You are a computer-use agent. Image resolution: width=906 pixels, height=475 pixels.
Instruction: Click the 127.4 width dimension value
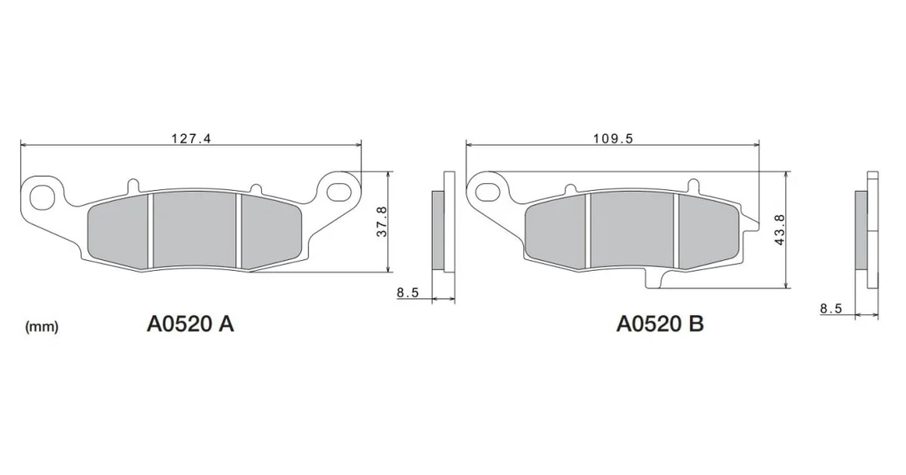[x=192, y=138]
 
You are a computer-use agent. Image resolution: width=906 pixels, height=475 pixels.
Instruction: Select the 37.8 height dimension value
[x=382, y=222]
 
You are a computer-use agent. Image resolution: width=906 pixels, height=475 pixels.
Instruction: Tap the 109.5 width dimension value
[x=613, y=138]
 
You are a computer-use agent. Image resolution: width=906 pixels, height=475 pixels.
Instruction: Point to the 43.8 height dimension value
[x=779, y=230]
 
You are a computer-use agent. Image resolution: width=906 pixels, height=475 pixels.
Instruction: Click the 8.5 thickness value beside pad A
[x=407, y=292]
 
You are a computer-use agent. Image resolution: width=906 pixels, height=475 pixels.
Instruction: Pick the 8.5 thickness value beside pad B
[x=831, y=309]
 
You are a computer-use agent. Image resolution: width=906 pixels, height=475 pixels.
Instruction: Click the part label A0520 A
[x=190, y=324]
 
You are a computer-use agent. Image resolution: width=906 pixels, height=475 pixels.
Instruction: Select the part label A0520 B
[x=660, y=324]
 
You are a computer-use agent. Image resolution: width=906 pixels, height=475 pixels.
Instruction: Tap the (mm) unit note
[x=42, y=327]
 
